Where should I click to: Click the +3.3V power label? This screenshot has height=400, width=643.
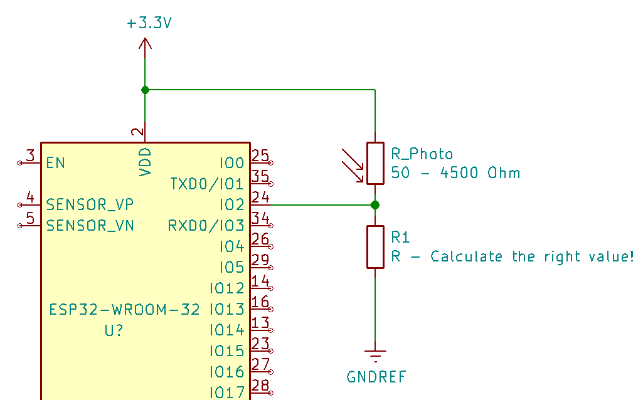149,24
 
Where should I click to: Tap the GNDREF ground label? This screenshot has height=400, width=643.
376,377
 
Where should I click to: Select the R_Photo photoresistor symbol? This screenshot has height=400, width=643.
375,163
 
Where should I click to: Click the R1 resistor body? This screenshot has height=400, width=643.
375,247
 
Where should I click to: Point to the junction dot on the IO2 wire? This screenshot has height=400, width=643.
375,204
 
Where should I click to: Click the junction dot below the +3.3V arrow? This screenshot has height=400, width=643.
145,90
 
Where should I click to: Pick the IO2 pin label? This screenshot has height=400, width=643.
231,204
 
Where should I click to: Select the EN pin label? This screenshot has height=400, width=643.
55,163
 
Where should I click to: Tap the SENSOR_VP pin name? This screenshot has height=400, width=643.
90,204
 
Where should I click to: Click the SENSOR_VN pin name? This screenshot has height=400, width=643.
90,225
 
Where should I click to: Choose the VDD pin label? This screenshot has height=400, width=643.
145,162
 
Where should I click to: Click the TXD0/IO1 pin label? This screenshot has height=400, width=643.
206,184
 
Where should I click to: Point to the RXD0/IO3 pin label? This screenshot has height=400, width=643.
205,225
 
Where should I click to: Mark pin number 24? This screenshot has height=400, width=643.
260,197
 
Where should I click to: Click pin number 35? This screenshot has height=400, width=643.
260,177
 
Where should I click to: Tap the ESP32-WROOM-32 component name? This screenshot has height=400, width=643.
125,309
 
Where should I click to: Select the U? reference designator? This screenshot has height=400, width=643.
114,330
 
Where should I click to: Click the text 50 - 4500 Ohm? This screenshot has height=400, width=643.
455,173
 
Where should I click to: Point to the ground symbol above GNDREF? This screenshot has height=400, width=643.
375,356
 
